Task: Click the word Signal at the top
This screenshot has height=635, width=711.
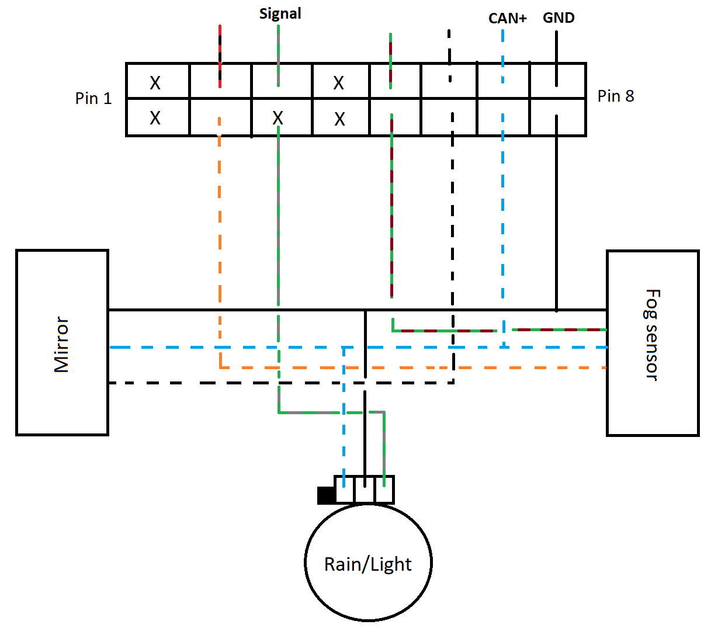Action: click(x=280, y=13)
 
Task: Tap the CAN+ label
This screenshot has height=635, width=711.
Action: click(x=507, y=18)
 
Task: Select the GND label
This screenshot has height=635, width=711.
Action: click(x=559, y=18)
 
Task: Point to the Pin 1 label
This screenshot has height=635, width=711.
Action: click(x=93, y=98)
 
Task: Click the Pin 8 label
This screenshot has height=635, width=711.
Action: click(x=616, y=96)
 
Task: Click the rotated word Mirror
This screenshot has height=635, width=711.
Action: click(x=62, y=345)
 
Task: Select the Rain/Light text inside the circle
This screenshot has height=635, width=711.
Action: click(x=368, y=564)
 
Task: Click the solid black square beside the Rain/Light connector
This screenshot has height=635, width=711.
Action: click(x=325, y=495)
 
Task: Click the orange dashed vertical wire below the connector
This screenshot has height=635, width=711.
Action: click(x=220, y=234)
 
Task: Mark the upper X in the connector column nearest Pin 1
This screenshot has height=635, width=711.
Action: click(x=155, y=82)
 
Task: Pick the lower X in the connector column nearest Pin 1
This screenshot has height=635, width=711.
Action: click(x=155, y=118)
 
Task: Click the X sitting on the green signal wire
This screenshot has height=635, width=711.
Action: click(x=278, y=119)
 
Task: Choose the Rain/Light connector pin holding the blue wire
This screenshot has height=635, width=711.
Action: click(x=344, y=490)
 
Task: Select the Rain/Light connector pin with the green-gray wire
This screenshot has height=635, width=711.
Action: click(x=384, y=490)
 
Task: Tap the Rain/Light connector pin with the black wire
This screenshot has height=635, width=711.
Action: click(x=365, y=490)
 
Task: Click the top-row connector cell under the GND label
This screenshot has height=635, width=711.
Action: click(x=557, y=81)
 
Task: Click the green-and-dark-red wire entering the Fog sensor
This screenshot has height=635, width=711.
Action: click(x=561, y=330)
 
